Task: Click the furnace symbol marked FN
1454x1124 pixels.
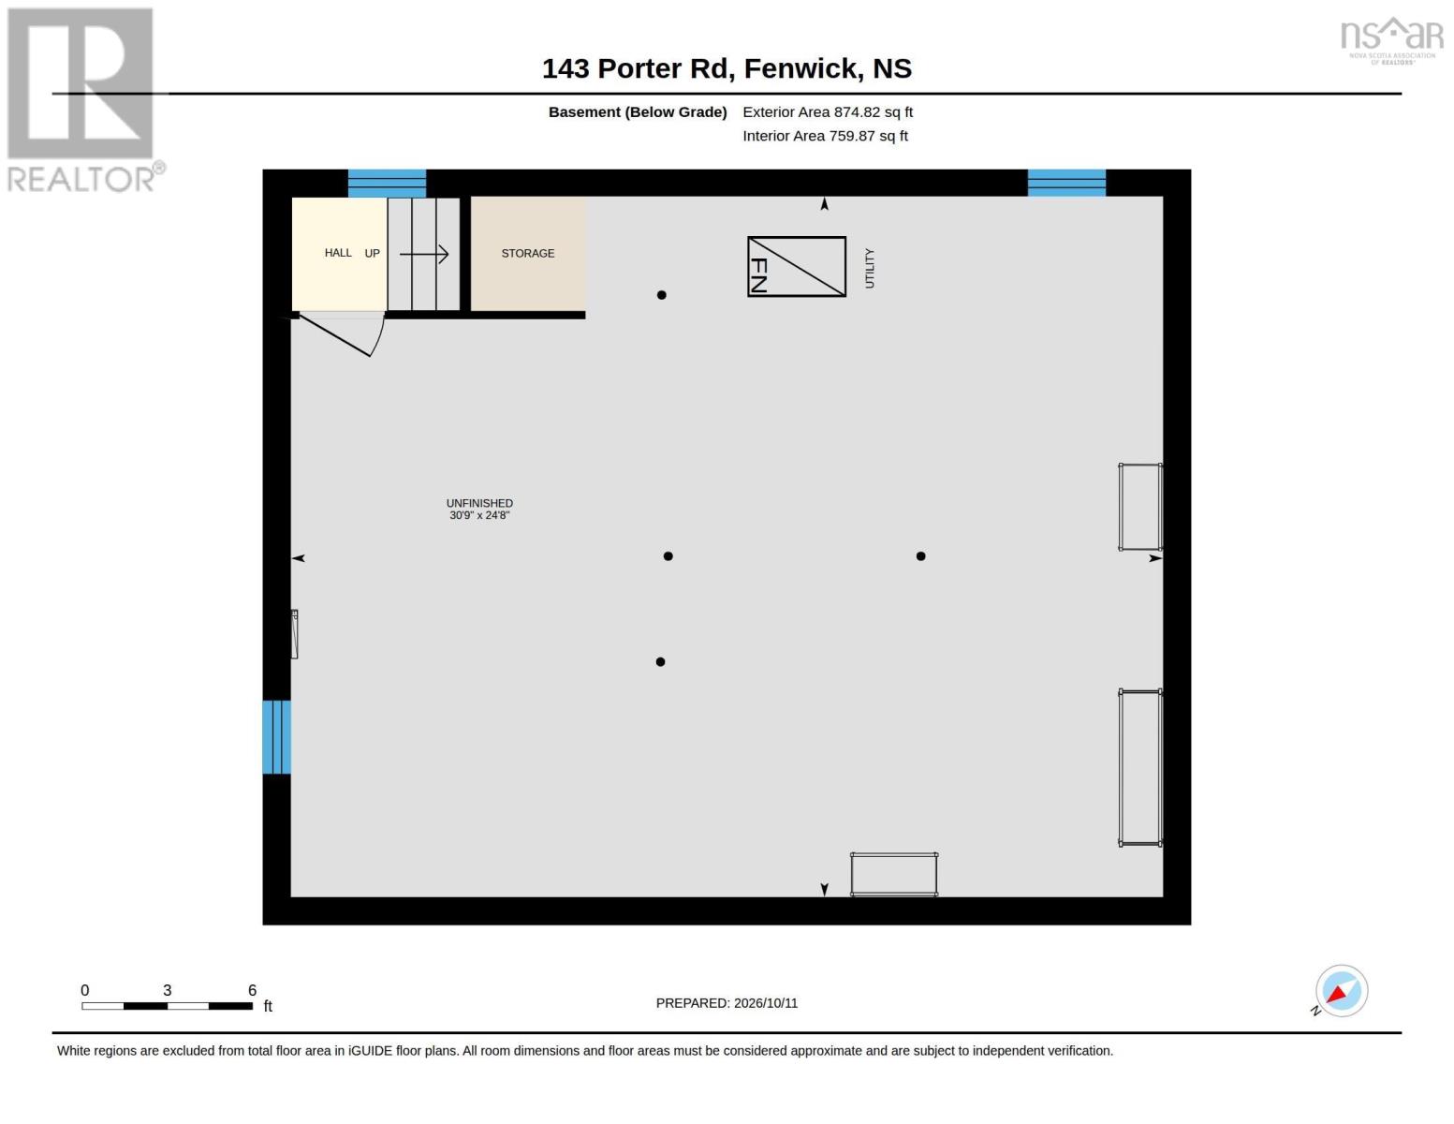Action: (796, 266)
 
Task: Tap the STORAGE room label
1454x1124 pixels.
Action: (528, 253)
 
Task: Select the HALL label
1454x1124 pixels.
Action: (338, 252)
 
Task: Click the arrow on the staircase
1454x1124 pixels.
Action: (423, 254)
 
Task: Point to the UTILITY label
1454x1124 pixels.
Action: (869, 269)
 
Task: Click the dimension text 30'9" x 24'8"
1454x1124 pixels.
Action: (479, 515)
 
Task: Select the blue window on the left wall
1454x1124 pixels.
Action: (276, 736)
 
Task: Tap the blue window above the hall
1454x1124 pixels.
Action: (387, 183)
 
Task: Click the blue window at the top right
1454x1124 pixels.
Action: (1066, 183)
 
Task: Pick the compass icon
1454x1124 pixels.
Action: (1341, 991)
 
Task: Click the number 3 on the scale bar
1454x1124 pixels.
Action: (168, 990)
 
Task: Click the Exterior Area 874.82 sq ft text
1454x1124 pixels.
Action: (828, 111)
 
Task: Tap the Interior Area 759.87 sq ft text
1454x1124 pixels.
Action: (825, 136)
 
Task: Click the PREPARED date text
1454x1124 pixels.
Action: (727, 1003)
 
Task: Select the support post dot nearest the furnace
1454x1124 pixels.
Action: (662, 294)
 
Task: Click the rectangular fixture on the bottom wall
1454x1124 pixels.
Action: (894, 874)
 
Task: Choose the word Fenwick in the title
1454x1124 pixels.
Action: (800, 68)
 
